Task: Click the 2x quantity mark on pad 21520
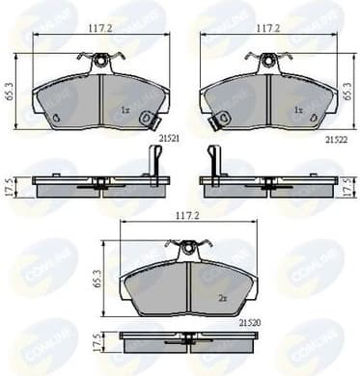pos(221,299)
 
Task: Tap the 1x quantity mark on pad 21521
pos(125,110)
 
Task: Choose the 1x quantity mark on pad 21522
pos(298,110)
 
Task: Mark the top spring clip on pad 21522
pos(267,62)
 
